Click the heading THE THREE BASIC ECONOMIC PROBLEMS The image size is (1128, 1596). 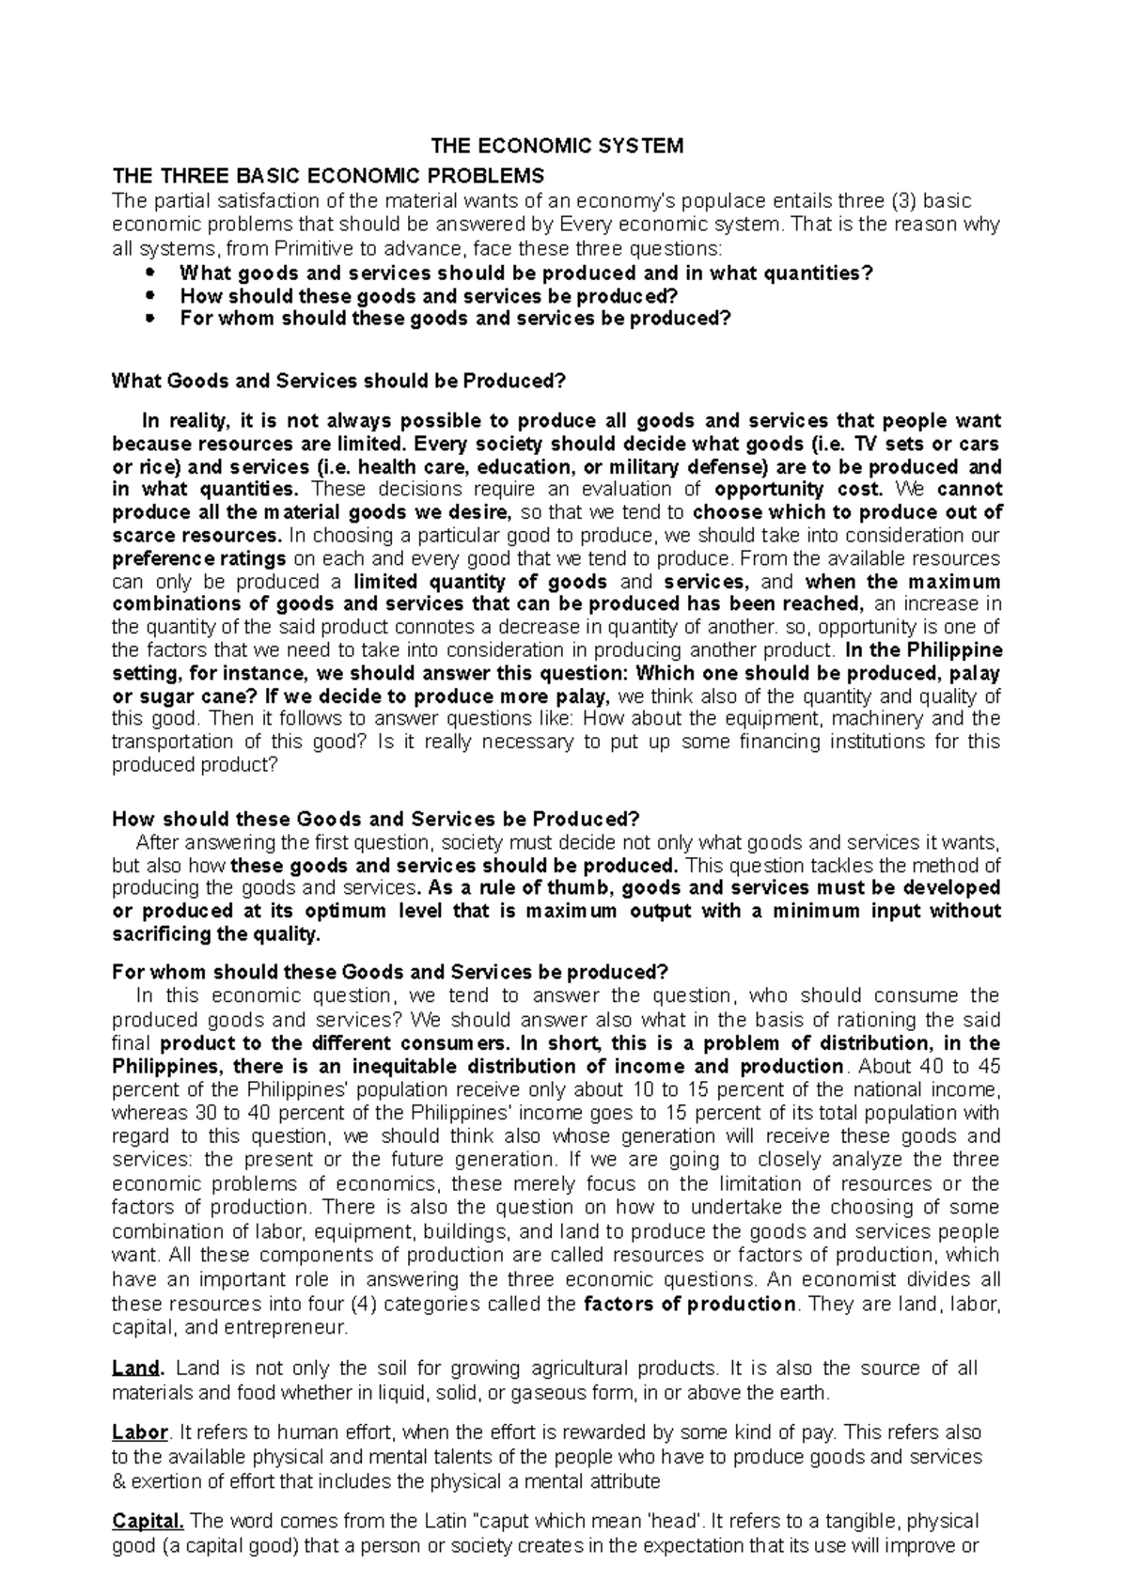click(327, 176)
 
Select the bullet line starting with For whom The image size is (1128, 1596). click(454, 318)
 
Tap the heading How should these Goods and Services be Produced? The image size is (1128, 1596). click(375, 819)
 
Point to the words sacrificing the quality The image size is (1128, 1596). click(215, 933)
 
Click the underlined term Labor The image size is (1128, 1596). click(138, 1433)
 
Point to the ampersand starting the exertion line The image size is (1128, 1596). click(117, 1481)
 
